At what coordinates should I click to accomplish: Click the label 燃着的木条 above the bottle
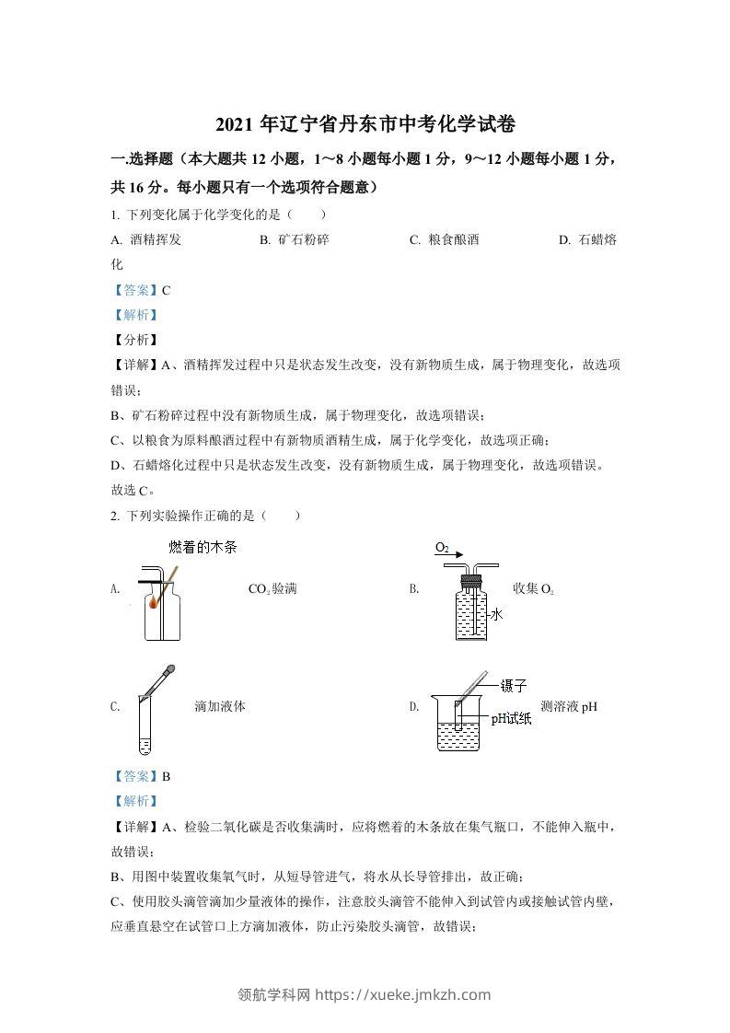tap(203, 547)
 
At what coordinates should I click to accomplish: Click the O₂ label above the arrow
tap(442, 548)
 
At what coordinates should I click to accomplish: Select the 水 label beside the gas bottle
tap(496, 614)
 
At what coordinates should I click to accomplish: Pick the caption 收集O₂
tap(534, 588)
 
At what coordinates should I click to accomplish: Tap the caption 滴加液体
tap(220, 707)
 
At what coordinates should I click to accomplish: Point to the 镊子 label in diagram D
tap(513, 686)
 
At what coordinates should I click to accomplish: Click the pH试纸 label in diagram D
tap(511, 719)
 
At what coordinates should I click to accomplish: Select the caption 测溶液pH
tap(570, 707)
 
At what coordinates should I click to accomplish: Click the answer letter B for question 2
tap(167, 776)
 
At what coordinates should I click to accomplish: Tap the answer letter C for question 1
tap(167, 290)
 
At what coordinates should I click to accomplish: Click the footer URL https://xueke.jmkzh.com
tap(403, 994)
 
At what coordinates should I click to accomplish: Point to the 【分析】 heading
tap(133, 340)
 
